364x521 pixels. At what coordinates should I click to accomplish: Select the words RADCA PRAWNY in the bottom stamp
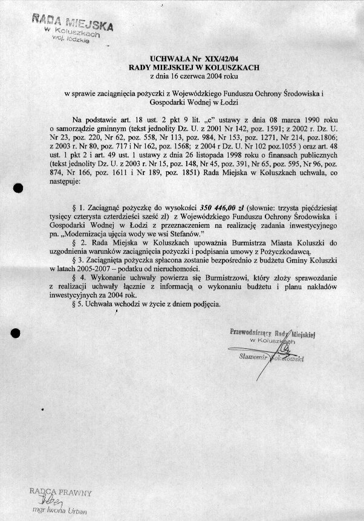click(59, 492)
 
